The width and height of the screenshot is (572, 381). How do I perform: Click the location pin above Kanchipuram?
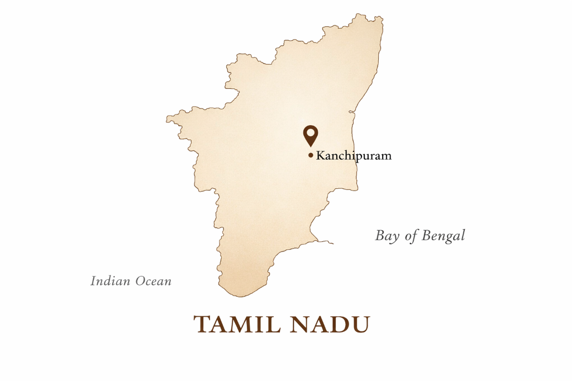(311, 135)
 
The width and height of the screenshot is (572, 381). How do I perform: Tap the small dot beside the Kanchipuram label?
(311, 155)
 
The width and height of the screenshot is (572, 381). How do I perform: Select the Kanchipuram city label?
(354, 156)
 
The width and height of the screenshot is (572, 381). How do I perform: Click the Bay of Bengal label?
(420, 236)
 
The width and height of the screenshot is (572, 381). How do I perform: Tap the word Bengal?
(443, 236)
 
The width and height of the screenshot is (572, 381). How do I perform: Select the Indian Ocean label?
(131, 281)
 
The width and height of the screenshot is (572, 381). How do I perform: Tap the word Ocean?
(152, 281)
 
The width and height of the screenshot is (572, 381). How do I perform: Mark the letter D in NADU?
(342, 325)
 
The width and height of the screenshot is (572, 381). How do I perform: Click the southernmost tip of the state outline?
(235, 297)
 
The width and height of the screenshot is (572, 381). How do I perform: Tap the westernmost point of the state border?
(166, 119)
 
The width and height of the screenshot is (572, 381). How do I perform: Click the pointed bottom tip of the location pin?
(311, 146)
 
